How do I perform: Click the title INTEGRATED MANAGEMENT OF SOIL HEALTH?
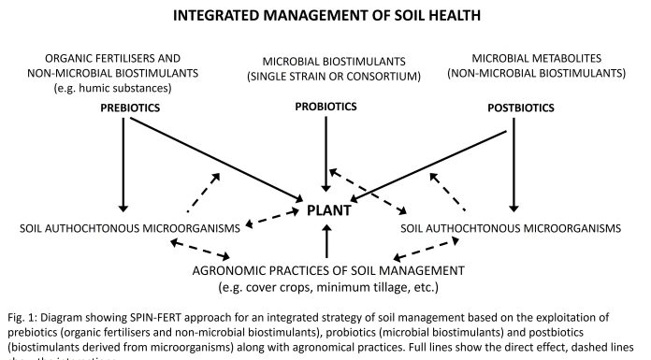(x=325, y=16)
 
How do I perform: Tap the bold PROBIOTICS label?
(x=325, y=107)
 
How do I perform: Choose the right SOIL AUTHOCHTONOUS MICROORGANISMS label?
(x=510, y=228)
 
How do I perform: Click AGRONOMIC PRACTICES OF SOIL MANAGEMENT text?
(x=325, y=271)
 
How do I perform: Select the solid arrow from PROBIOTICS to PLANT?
(x=325, y=154)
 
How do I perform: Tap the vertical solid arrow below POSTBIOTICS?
(x=511, y=164)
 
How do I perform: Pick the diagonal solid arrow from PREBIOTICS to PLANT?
(x=215, y=159)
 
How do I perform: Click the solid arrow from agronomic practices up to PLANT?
(x=325, y=242)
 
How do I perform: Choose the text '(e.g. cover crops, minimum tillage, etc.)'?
(x=325, y=286)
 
